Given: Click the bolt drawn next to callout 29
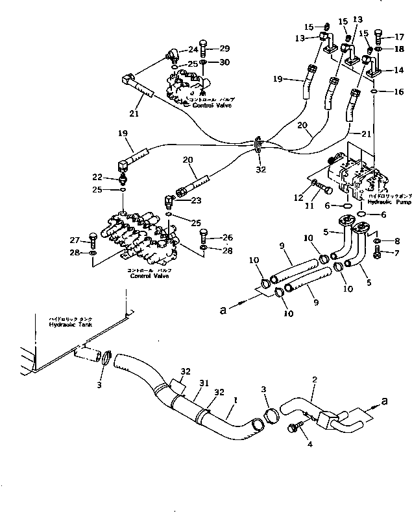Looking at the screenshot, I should tap(203, 47).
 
